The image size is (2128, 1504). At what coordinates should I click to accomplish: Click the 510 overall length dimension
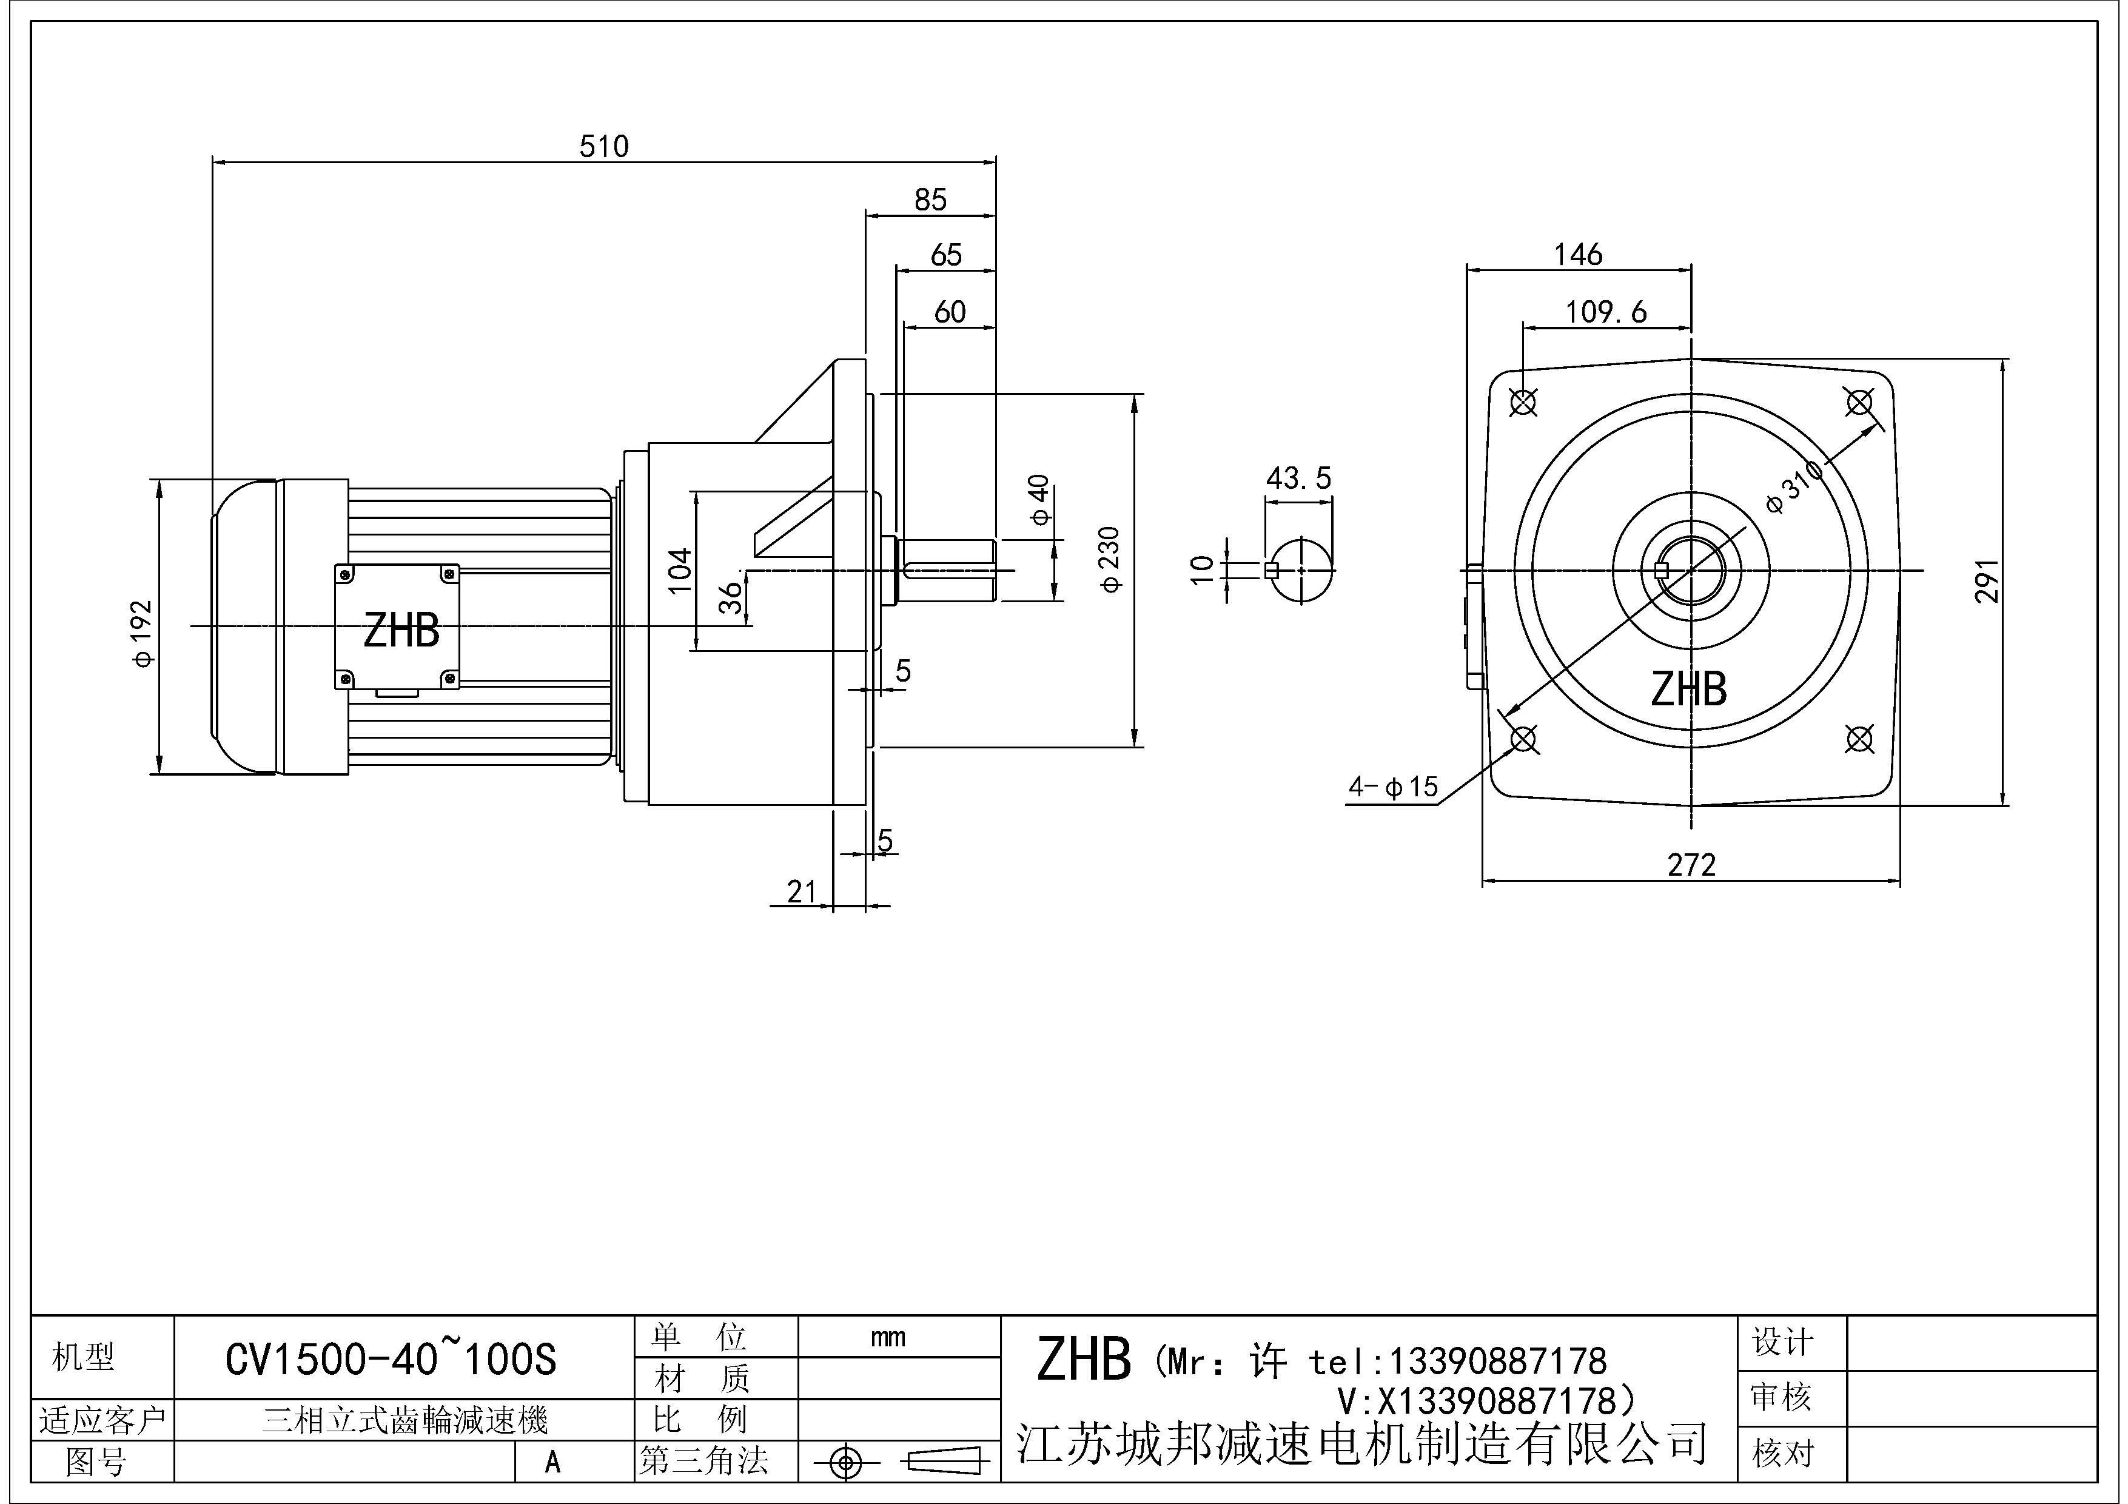click(603, 146)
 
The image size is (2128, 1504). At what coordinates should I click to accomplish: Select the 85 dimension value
click(930, 200)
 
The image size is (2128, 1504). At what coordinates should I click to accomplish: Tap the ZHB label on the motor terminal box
click(401, 631)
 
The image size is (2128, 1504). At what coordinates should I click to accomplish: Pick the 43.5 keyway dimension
click(1298, 478)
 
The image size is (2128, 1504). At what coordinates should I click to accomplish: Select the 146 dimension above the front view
click(1577, 254)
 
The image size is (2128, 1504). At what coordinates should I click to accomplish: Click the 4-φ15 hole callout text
click(1393, 788)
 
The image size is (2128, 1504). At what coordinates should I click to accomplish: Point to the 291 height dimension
click(1986, 581)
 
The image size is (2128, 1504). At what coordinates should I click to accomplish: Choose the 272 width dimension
click(1691, 865)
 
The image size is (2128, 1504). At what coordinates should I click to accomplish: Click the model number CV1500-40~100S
click(391, 1360)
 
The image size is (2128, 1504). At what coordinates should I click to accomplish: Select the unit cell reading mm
click(888, 1337)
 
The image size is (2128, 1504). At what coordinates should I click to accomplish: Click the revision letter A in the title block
click(552, 1462)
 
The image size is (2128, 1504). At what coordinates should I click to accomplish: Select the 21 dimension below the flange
click(802, 891)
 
